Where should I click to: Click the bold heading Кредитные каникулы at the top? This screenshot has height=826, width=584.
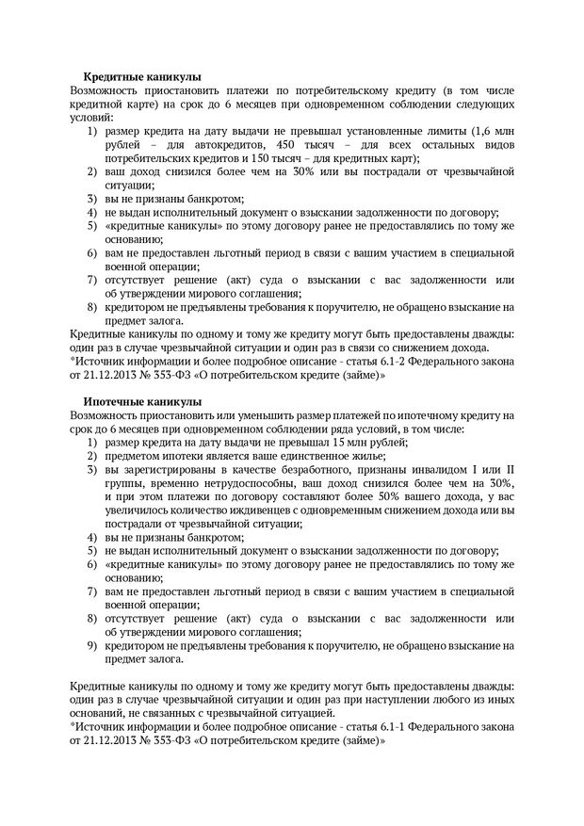[x=142, y=75]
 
